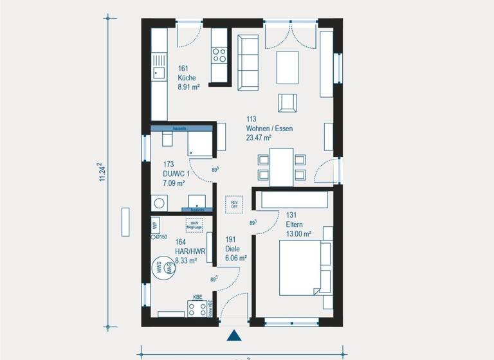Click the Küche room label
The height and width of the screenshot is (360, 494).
click(187, 78)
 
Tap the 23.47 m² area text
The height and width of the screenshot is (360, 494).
click(259, 137)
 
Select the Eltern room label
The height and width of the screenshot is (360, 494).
click(295, 224)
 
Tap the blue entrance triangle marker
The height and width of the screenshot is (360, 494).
click(234, 335)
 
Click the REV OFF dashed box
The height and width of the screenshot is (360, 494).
click(234, 204)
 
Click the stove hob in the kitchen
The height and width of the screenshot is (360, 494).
click(219, 55)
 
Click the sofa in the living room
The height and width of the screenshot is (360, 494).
click(248, 62)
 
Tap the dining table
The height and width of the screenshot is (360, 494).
click(281, 166)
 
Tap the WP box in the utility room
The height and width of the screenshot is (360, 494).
click(155, 225)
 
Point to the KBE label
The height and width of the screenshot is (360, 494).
click(198, 298)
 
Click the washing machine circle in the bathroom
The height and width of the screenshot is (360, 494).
click(158, 203)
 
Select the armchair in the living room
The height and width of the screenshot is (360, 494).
click(288, 103)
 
